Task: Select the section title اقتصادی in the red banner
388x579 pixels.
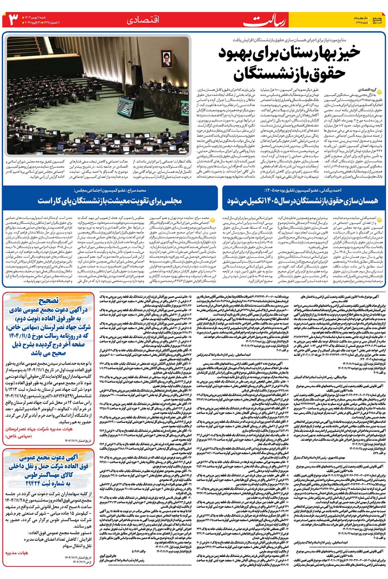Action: click(x=143, y=20)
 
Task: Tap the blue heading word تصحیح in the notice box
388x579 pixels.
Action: click(x=49, y=301)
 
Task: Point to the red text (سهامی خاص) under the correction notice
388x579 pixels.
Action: click(x=19, y=435)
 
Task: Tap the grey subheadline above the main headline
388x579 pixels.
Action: click(x=289, y=40)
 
